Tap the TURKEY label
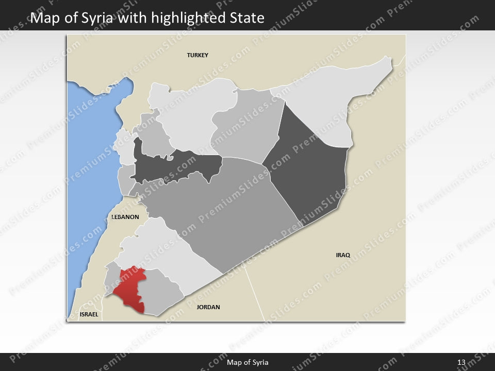tap(197, 55)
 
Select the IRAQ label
tap(343, 255)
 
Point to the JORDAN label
tap(208, 307)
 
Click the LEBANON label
tap(125, 217)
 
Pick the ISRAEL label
tap(88, 314)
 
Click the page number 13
tap(461, 363)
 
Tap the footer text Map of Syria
tap(247, 363)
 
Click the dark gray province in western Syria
tap(175, 165)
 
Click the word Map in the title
tap(43, 19)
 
